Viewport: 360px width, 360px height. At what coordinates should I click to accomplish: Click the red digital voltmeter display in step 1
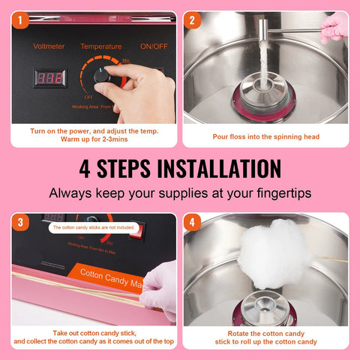[49, 78]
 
